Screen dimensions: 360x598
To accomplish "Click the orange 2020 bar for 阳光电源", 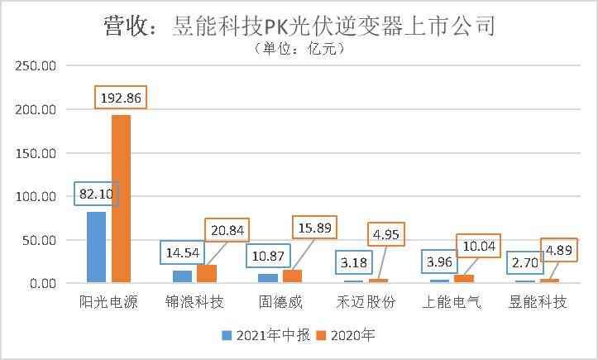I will point(121,199).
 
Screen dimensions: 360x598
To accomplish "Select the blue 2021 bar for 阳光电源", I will point(96,247).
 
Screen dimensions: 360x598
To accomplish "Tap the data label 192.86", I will point(122,98).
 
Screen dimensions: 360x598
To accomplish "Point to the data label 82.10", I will point(97,194).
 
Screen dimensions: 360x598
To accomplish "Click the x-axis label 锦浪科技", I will point(194,301).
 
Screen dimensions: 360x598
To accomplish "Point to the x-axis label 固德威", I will point(281,301).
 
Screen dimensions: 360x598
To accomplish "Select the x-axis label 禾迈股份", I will point(367,301).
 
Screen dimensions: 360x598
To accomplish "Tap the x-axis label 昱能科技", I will point(538,301).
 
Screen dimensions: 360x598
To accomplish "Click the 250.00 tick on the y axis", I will point(33,65).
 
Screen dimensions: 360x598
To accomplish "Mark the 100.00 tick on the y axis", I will point(33,196).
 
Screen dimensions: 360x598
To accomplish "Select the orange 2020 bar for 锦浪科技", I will point(207,274).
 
